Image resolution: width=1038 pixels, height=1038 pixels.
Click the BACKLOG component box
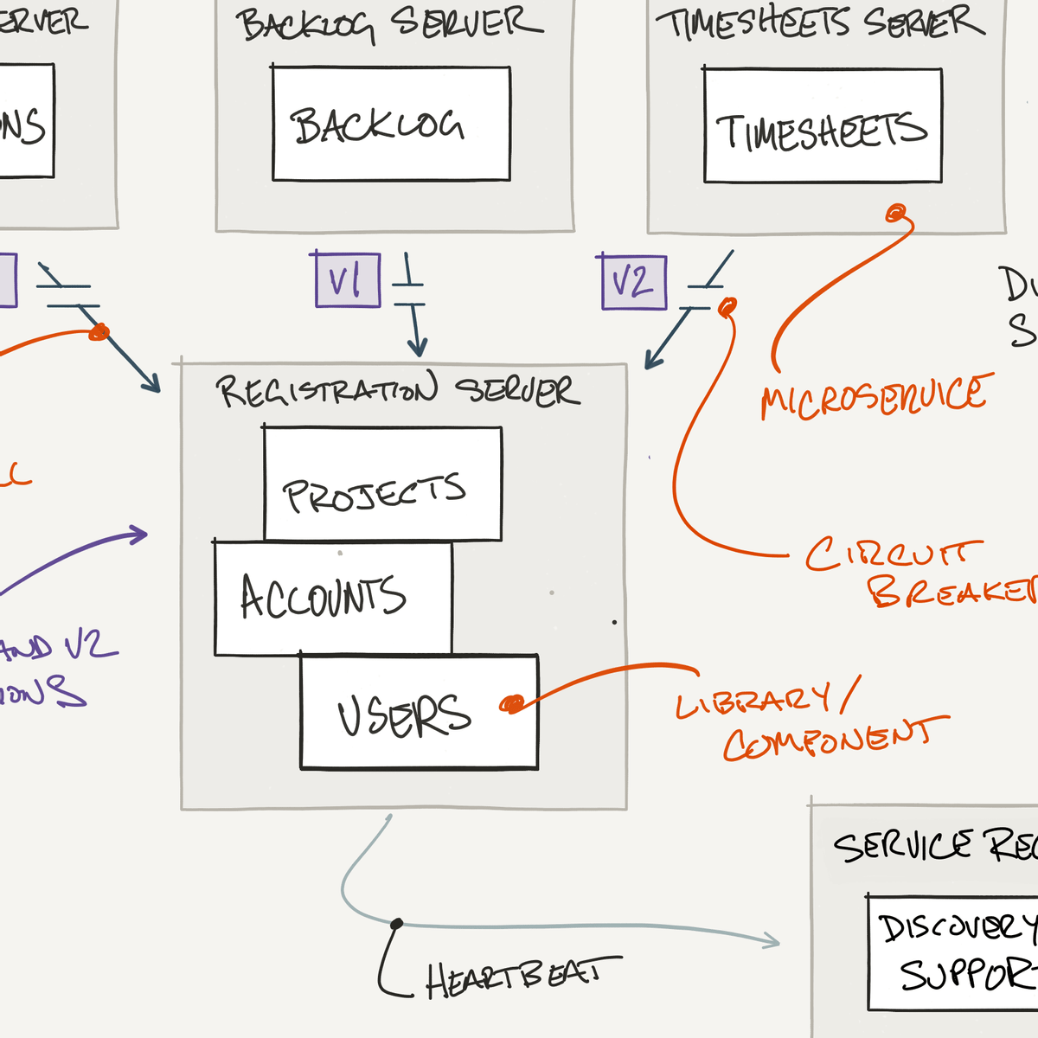coord(391,124)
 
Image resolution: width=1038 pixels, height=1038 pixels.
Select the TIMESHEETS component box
coord(822,126)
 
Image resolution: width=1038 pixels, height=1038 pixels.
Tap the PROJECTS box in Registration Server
coord(381,484)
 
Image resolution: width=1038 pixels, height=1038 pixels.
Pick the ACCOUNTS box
coord(332,597)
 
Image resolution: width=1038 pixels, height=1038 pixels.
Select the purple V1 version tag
coord(347,280)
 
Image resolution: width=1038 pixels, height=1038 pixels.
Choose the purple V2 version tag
coord(633,282)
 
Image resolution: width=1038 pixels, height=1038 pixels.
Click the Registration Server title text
coord(398,391)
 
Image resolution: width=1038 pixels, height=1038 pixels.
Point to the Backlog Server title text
coord(389,24)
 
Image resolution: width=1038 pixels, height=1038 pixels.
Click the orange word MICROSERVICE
coord(874,396)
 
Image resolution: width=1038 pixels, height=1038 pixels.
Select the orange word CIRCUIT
coord(893,554)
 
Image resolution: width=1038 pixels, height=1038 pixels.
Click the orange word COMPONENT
coord(835,740)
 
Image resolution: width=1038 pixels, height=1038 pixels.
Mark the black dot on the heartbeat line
coord(396,924)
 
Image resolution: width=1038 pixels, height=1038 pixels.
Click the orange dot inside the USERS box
coord(512,704)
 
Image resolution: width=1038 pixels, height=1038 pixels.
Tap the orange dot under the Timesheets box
coord(897,212)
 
